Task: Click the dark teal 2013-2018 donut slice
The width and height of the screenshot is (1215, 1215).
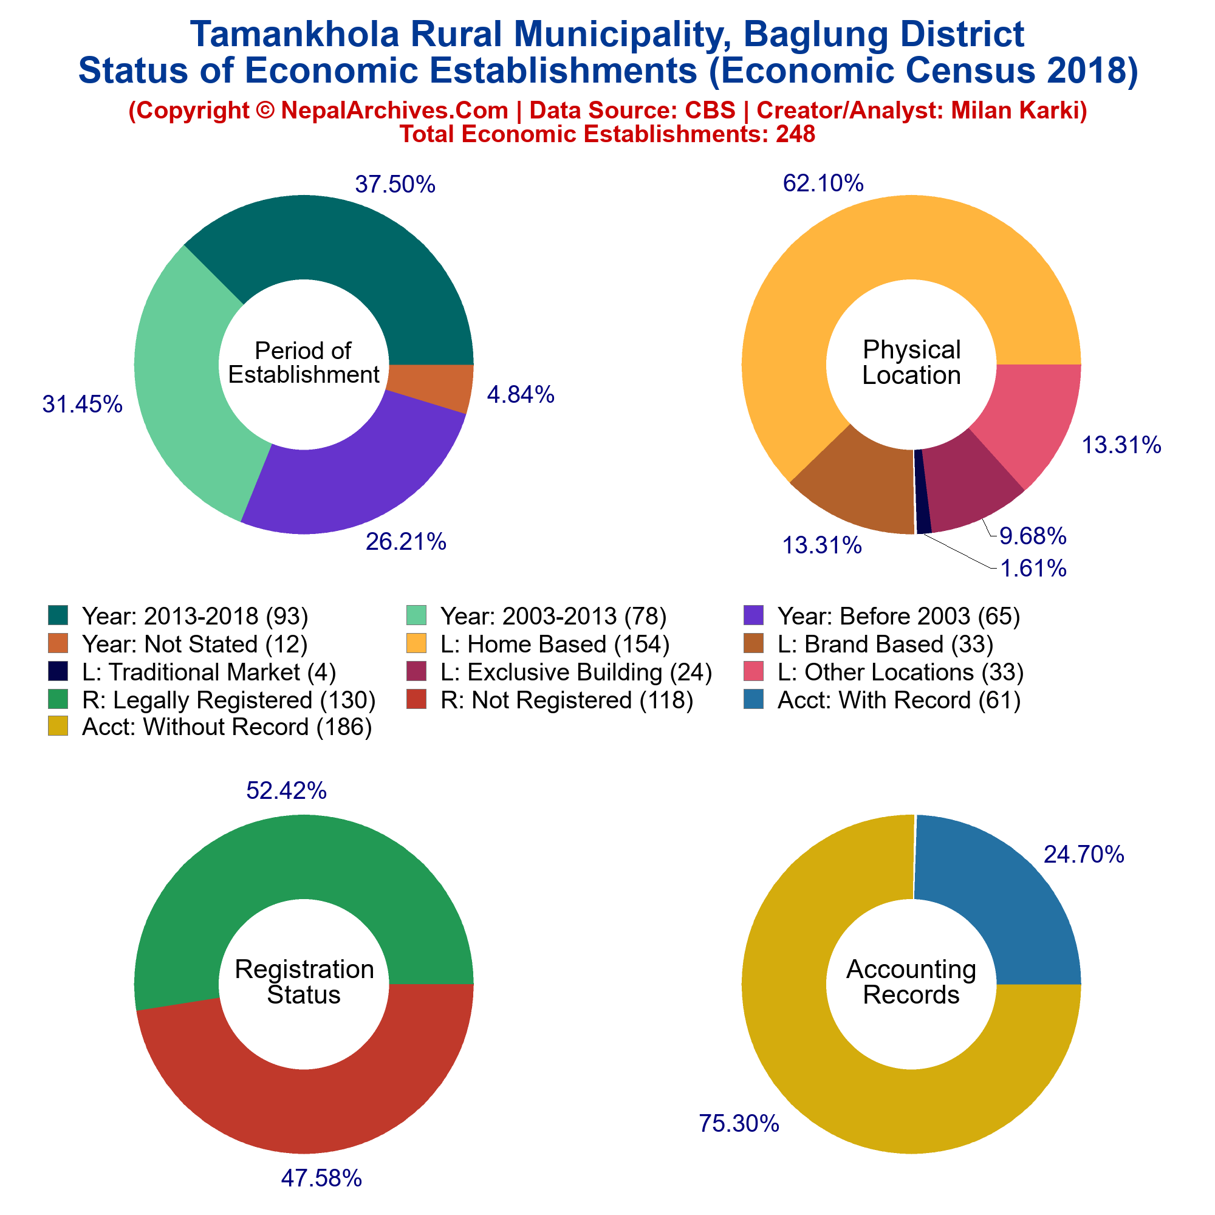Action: pos(352,264)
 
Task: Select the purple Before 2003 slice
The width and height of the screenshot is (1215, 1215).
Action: pos(352,478)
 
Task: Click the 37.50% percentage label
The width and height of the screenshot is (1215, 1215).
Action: pos(395,185)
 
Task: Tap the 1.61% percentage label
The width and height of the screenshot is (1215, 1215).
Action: pos(1033,569)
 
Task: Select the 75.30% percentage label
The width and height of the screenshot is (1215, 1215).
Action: pos(739,1123)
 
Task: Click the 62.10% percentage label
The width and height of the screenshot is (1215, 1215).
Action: pos(823,183)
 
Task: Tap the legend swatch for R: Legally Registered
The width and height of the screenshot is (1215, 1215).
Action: pos(58,699)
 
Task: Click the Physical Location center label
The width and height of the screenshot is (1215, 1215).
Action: pos(911,362)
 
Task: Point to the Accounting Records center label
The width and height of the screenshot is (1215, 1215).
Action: pos(911,982)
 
